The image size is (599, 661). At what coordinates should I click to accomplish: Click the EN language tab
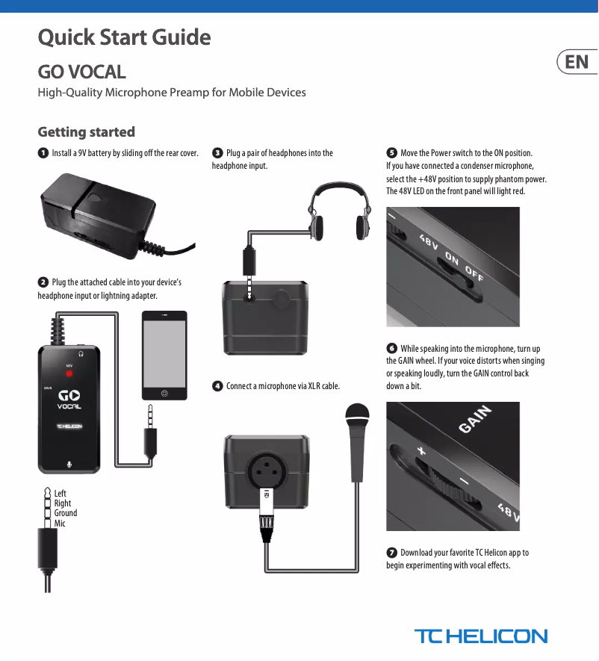(577, 62)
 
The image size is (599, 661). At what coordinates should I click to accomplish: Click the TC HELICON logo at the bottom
(481, 636)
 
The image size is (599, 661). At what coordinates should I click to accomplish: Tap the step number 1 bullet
(43, 153)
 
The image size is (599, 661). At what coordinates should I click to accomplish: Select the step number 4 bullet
(217, 386)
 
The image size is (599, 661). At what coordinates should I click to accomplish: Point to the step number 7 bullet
(391, 553)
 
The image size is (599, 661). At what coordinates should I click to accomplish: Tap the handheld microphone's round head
(357, 415)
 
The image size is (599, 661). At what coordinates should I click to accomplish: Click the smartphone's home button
(164, 393)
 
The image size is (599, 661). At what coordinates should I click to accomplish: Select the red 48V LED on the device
(69, 373)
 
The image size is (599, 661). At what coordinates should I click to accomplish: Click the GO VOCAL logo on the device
(69, 399)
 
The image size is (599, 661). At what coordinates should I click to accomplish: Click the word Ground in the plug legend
(66, 513)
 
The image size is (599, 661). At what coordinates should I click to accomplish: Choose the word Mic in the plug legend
(60, 524)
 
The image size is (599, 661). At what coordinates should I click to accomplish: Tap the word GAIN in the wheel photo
(476, 419)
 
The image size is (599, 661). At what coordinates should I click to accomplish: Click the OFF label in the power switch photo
(474, 275)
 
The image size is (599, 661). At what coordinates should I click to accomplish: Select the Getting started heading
(87, 132)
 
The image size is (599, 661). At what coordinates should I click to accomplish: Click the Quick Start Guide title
(125, 37)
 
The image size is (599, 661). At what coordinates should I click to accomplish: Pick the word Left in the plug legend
(60, 493)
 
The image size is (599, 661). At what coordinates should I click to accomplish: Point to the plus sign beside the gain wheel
(421, 451)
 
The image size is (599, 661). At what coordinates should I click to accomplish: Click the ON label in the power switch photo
(452, 259)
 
